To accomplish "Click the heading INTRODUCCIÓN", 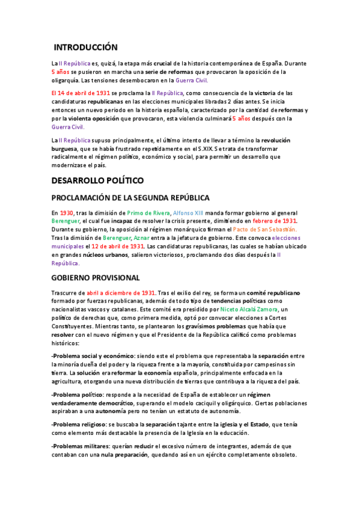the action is [x=86, y=48].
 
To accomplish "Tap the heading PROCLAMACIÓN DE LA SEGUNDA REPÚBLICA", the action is [x=130, y=197].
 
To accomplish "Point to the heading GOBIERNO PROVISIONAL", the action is [x=96, y=278].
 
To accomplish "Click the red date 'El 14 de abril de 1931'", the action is [x=81, y=93].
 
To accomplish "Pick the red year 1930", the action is [x=67, y=212].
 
